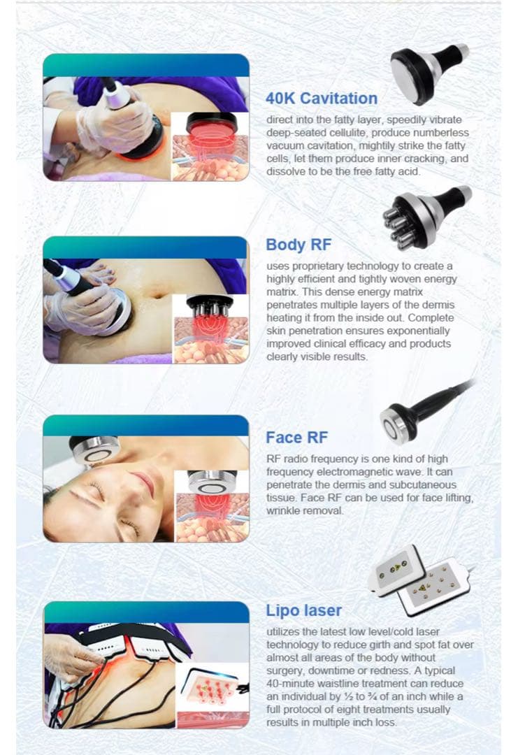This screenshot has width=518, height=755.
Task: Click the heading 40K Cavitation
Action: click(322, 99)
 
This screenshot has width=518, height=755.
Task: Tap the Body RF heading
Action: click(298, 245)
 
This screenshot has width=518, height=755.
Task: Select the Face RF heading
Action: click(296, 437)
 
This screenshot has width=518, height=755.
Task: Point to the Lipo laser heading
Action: click(304, 610)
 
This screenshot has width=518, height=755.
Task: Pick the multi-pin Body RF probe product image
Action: click(426, 217)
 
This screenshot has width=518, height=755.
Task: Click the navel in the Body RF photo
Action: click(155, 293)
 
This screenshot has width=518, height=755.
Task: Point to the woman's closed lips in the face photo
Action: click(143, 484)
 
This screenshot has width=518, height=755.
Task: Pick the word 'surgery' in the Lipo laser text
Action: click(284, 670)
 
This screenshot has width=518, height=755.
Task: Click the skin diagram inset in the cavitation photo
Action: click(210, 146)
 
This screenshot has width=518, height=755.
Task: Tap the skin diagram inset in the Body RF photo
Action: click(210, 329)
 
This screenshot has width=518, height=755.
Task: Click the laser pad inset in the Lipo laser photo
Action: click(213, 697)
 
